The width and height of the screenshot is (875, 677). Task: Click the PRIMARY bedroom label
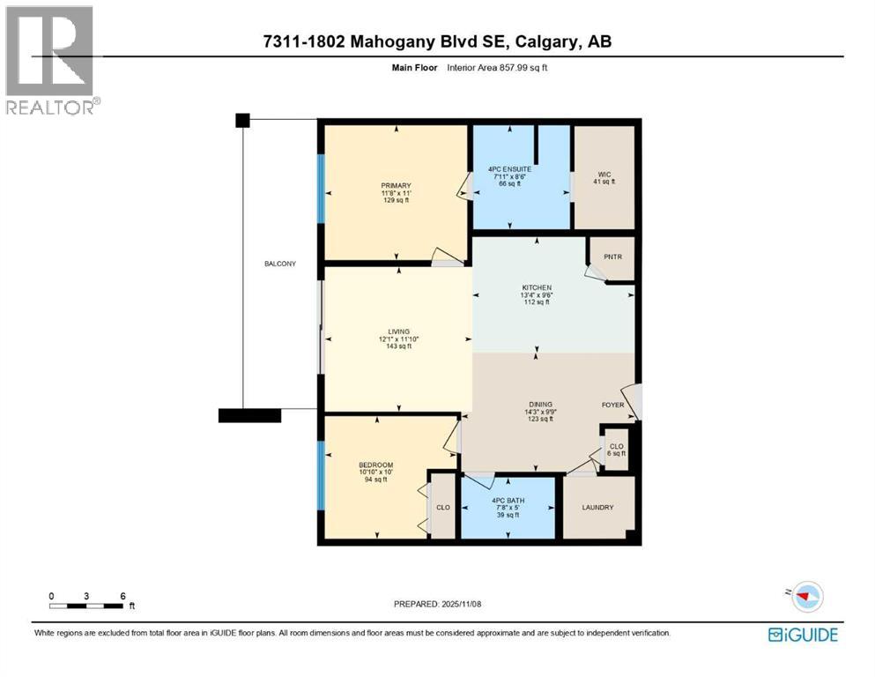[395, 185]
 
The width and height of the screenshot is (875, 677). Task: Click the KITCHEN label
[536, 288]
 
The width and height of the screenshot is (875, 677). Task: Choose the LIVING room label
[397, 331]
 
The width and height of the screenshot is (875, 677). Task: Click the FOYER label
[612, 405]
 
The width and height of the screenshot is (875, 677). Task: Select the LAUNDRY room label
[597, 508]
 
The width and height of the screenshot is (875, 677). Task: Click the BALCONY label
[284, 264]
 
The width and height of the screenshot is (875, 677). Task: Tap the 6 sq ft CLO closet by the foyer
[617, 447]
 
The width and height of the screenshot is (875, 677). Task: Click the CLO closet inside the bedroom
[443, 507]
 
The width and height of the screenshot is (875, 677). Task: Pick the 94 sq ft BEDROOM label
[375, 465]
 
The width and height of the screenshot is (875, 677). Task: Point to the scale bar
[86, 606]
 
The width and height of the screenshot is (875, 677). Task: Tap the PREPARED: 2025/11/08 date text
[438, 604]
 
